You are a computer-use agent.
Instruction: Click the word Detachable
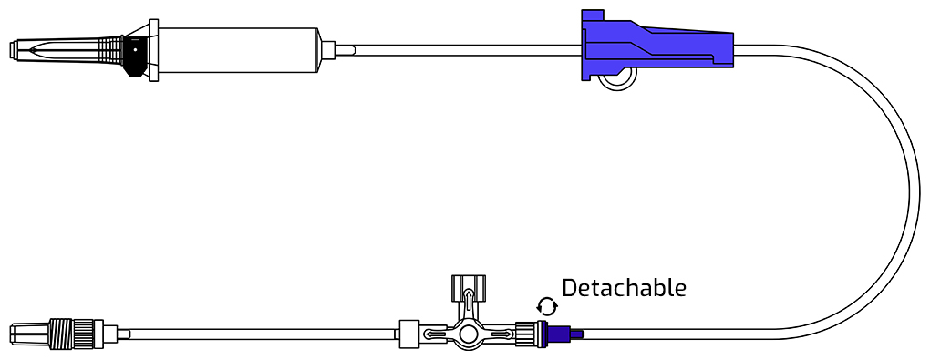(624, 288)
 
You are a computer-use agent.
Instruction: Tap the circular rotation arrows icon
(546, 306)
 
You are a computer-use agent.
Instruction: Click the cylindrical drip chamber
(239, 50)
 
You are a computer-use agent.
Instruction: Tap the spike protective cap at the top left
(67, 50)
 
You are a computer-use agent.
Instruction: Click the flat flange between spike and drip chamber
(153, 50)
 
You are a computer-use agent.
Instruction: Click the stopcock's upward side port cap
(469, 288)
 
